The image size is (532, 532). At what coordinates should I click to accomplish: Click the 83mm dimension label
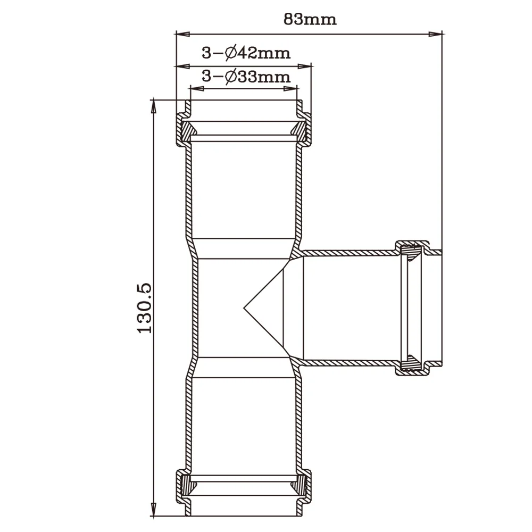point(310,19)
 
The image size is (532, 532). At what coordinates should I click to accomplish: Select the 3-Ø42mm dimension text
point(246,53)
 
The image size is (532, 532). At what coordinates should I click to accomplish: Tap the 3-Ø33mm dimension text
point(246,77)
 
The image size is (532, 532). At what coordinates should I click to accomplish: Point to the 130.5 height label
point(144,308)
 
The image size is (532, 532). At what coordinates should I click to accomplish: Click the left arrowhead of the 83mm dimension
point(182,34)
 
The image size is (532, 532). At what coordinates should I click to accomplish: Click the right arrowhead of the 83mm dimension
point(435,34)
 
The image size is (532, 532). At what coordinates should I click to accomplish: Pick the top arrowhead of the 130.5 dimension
point(154,106)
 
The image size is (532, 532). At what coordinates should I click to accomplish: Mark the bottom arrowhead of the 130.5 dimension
point(154,510)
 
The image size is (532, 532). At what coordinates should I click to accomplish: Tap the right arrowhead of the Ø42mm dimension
point(304,66)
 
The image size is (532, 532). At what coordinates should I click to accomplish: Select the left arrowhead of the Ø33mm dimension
point(197,89)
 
